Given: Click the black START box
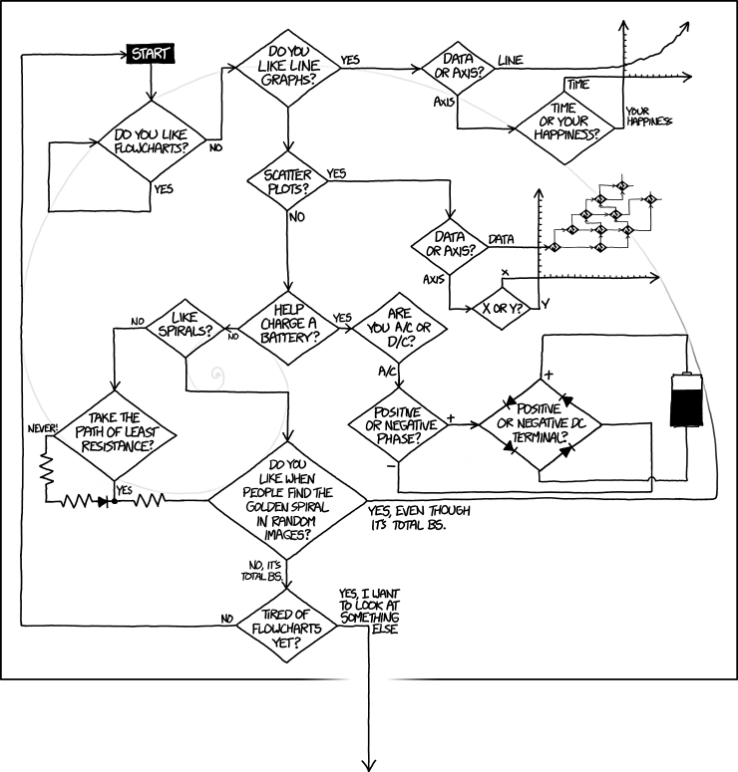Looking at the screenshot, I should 151,53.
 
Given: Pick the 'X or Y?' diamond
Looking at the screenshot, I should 504,307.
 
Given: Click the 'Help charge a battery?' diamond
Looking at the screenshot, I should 287,324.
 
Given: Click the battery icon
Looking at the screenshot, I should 687,400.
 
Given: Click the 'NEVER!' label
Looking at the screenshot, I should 45,428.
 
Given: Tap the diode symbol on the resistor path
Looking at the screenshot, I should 103,501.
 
